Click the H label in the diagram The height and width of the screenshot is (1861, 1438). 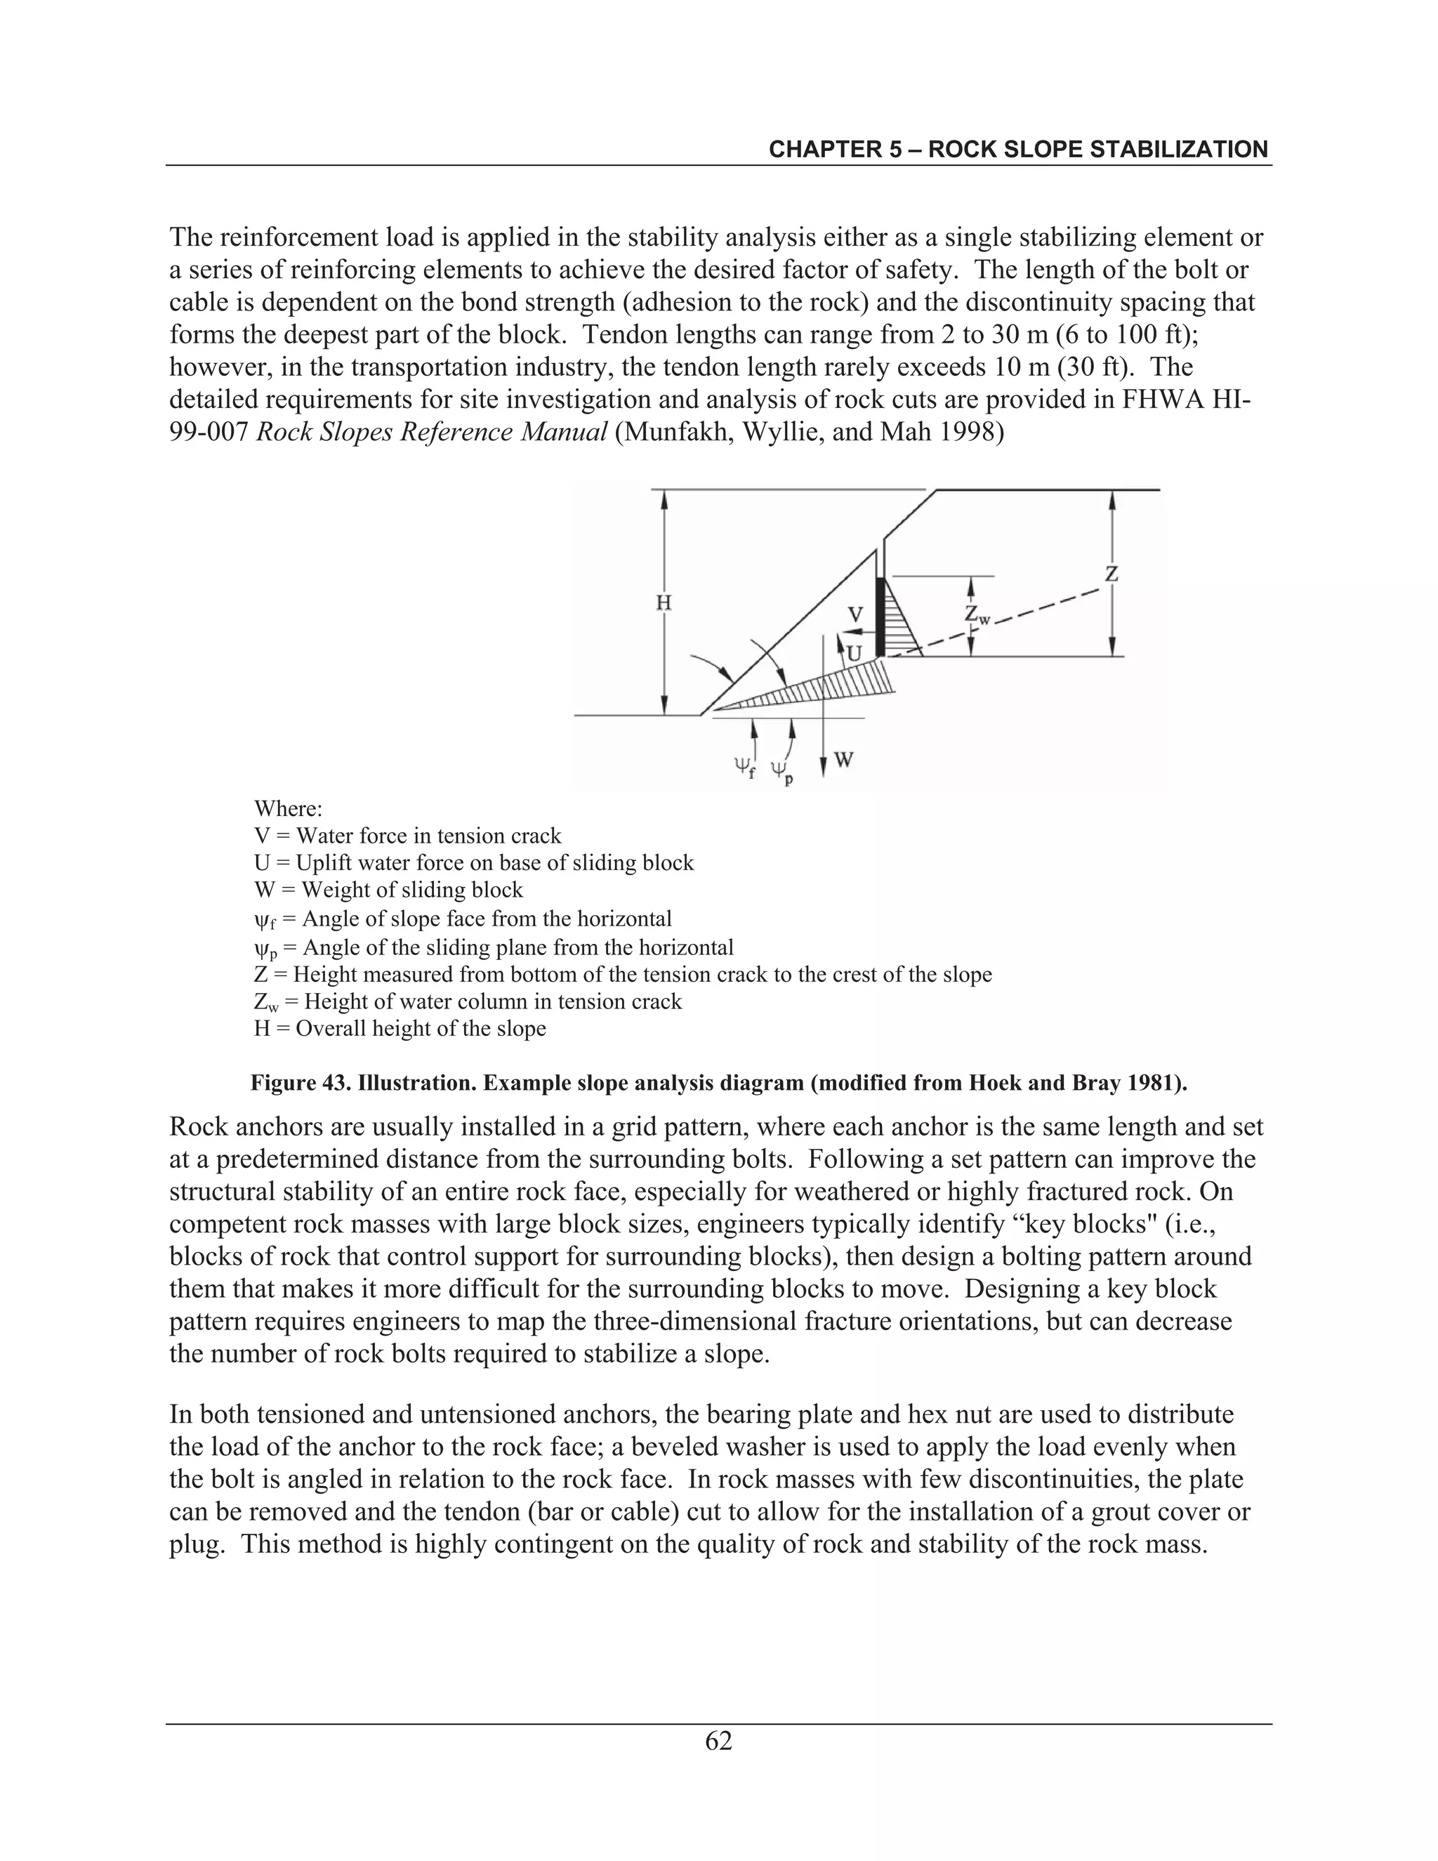pos(664,603)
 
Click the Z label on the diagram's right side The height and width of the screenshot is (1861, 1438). pos(1111,574)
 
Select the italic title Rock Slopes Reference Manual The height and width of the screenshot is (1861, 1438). pos(432,433)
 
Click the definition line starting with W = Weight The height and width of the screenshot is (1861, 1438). pos(388,890)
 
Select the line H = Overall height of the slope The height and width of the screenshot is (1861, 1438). pos(400,1029)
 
